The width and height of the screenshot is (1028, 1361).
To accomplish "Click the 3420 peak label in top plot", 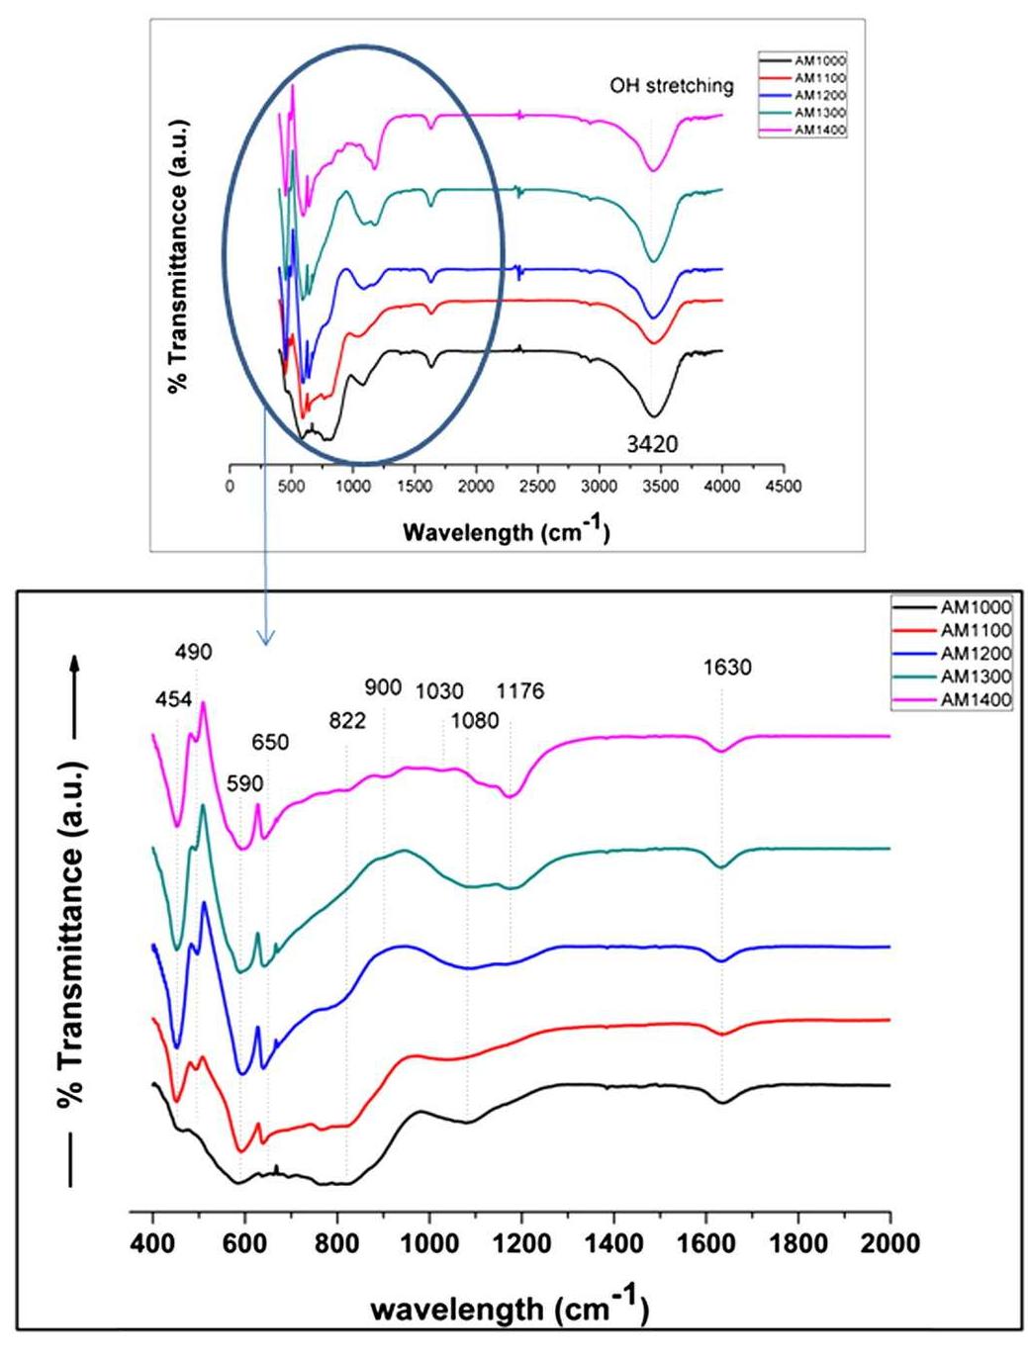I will (652, 444).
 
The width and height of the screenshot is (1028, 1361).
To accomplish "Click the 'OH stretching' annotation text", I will (671, 86).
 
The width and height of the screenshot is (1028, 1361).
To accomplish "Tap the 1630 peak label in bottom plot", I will (727, 668).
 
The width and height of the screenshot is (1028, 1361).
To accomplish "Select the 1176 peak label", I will (519, 691).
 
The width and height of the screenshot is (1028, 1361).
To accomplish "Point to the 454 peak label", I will (173, 699).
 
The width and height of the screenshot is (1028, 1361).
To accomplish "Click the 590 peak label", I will (244, 783).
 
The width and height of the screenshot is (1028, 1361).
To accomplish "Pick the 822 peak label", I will (347, 720).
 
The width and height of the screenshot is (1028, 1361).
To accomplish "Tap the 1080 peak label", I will (474, 720).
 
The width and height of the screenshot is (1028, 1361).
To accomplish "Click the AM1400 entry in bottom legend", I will (975, 700).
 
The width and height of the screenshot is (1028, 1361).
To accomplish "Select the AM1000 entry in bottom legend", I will (975, 606).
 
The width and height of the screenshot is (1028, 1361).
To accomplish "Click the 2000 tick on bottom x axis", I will (889, 1242).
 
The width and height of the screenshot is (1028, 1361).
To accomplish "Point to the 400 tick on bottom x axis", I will (152, 1242).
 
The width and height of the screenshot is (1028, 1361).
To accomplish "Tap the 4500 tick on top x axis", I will (783, 486).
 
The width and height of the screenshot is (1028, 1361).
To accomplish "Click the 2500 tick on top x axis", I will (537, 486).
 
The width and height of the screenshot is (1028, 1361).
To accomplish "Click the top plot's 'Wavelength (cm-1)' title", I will (506, 531).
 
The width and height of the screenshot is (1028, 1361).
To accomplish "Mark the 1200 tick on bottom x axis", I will (521, 1242).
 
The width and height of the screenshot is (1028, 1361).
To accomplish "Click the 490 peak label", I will (193, 652).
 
